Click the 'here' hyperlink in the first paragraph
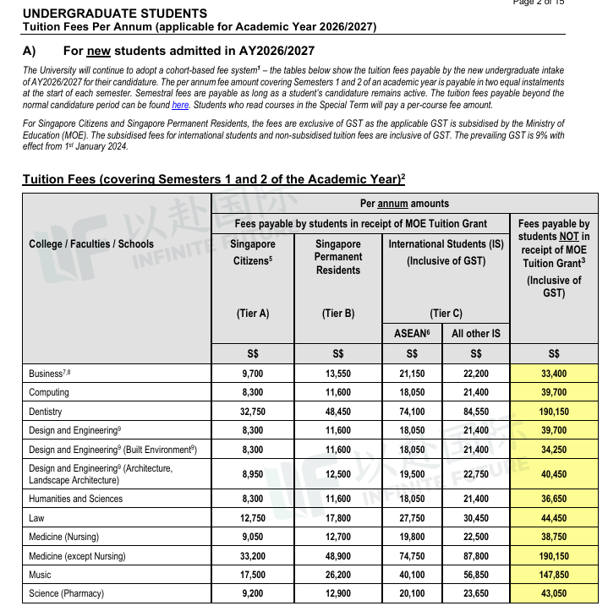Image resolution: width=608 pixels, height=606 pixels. (x=180, y=105)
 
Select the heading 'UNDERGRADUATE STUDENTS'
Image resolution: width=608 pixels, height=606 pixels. (x=114, y=14)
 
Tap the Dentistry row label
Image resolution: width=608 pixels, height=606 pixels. (x=46, y=412)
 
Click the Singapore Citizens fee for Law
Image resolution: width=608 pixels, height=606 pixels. (x=252, y=518)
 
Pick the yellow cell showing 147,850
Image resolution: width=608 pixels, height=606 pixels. (x=554, y=575)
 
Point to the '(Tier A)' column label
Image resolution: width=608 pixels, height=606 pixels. (x=252, y=313)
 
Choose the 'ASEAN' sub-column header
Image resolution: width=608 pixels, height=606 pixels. (x=412, y=334)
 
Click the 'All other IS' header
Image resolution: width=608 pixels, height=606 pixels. (x=476, y=334)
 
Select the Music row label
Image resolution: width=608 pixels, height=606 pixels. (x=40, y=575)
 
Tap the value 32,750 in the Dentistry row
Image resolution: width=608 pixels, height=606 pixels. (x=252, y=412)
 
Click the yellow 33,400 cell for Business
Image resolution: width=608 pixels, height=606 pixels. (x=554, y=373)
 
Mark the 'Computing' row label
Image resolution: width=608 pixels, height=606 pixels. (x=49, y=392)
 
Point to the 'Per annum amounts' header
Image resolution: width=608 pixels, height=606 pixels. (x=404, y=204)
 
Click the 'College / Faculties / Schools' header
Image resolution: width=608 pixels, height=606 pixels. (x=91, y=244)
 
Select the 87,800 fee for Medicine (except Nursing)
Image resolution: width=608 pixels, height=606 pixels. (x=476, y=556)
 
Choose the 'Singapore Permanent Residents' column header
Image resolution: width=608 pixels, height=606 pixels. (x=338, y=256)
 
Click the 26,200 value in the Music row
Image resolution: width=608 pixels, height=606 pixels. (x=338, y=575)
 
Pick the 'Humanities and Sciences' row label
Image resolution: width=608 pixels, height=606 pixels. (x=75, y=499)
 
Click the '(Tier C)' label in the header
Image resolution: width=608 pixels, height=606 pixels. (x=446, y=313)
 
